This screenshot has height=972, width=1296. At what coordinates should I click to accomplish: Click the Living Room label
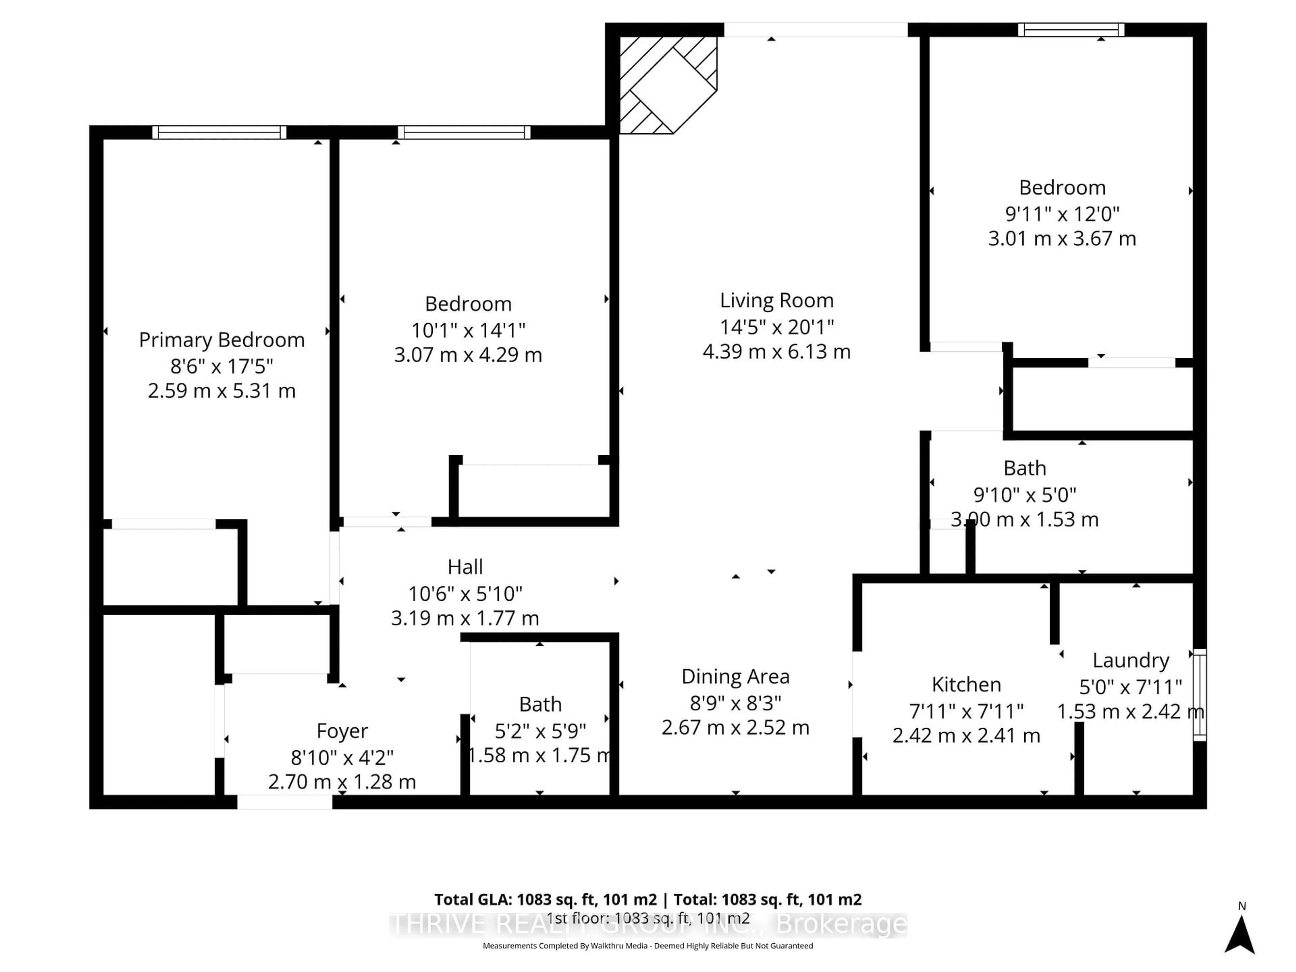(776, 301)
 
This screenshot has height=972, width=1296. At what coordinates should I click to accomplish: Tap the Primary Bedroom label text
(221, 340)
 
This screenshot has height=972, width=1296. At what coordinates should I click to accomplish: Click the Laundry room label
(1130, 660)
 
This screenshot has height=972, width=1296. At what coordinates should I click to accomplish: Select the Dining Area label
(735, 677)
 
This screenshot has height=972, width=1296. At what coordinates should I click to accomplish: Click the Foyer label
(342, 731)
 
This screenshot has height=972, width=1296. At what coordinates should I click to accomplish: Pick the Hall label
(465, 567)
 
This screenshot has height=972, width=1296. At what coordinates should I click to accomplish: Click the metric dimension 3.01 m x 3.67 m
(1062, 239)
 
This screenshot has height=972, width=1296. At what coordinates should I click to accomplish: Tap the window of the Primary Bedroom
(219, 132)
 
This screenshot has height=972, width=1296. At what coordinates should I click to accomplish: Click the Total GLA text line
(647, 899)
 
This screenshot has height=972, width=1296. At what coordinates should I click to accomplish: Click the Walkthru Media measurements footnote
(647, 946)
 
